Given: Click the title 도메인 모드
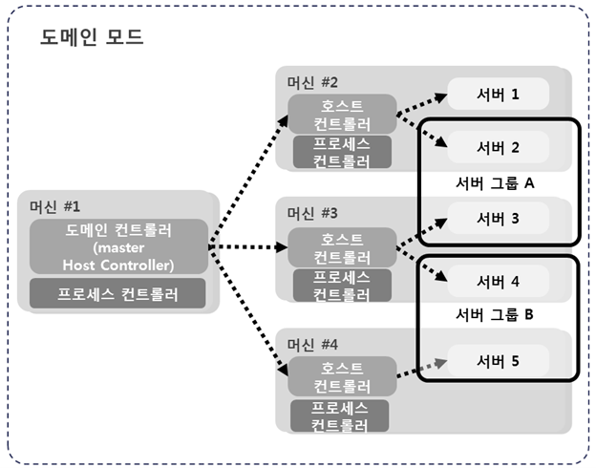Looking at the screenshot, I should coord(92,38).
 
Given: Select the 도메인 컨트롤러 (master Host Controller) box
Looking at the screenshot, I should coord(118,247).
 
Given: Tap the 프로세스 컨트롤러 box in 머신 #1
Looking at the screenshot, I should coord(118,292).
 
